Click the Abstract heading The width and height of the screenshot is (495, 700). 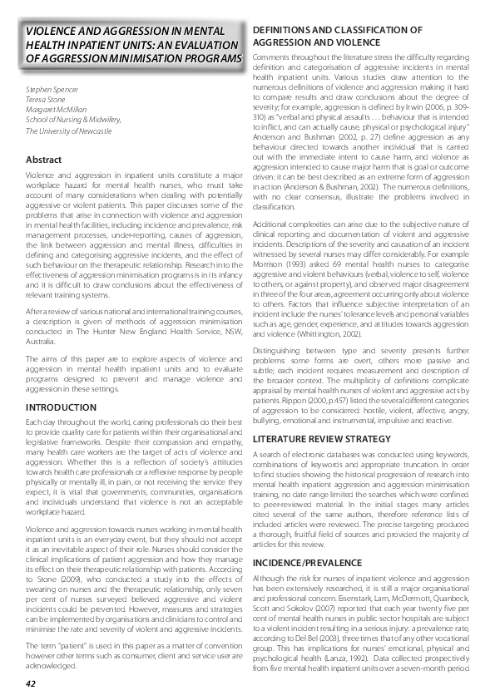pyautogui.click(x=43, y=159)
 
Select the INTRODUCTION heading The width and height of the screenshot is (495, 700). pyautogui.click(x=61, y=408)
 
